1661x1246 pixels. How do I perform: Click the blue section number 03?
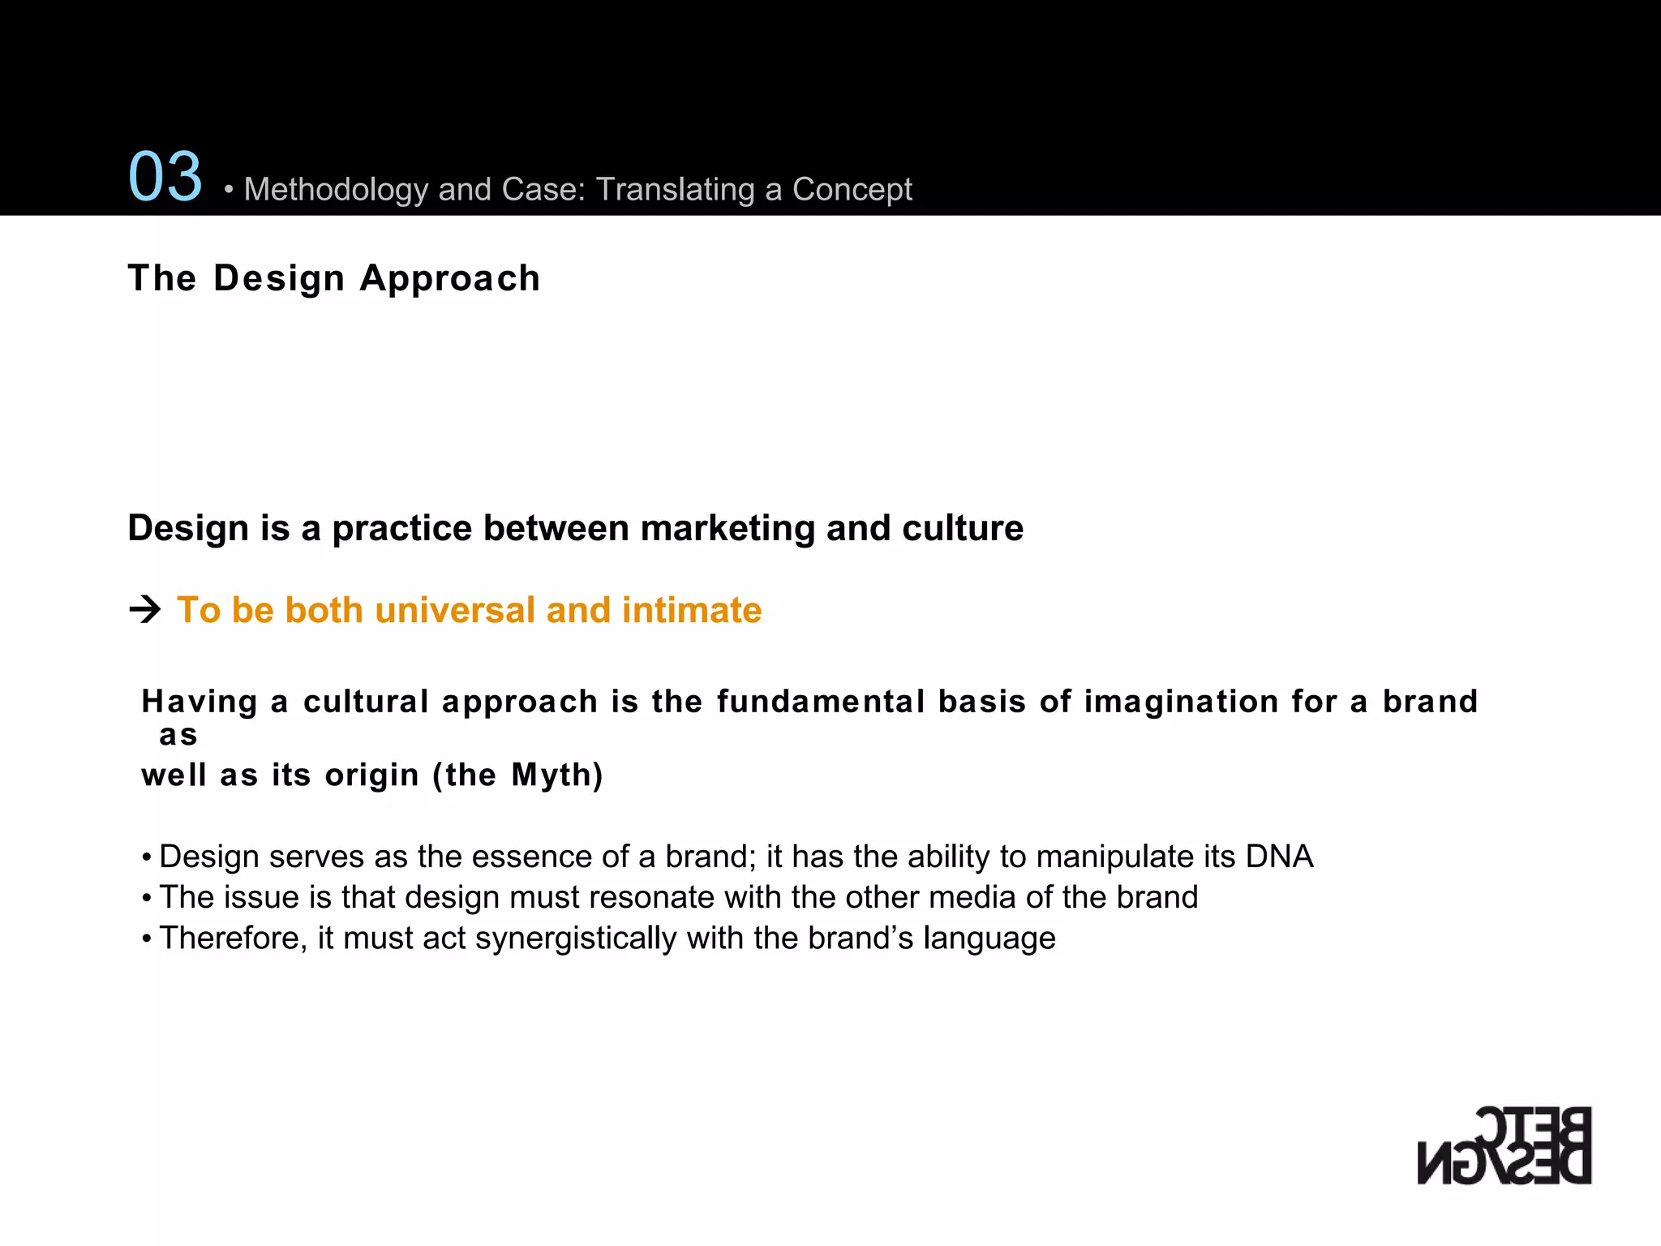click(x=165, y=177)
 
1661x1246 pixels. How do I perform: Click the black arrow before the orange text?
click(x=145, y=609)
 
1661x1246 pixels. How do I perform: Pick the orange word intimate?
click(x=691, y=610)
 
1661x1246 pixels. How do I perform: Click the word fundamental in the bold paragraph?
click(x=821, y=702)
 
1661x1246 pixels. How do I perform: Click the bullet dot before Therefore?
click(x=147, y=939)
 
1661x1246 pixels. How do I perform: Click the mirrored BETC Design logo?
click(x=1504, y=1145)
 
